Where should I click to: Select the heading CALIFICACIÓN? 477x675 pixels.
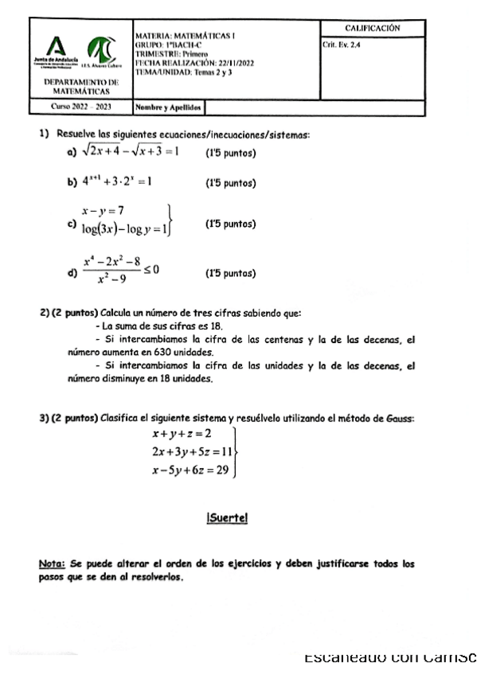point(372,29)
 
